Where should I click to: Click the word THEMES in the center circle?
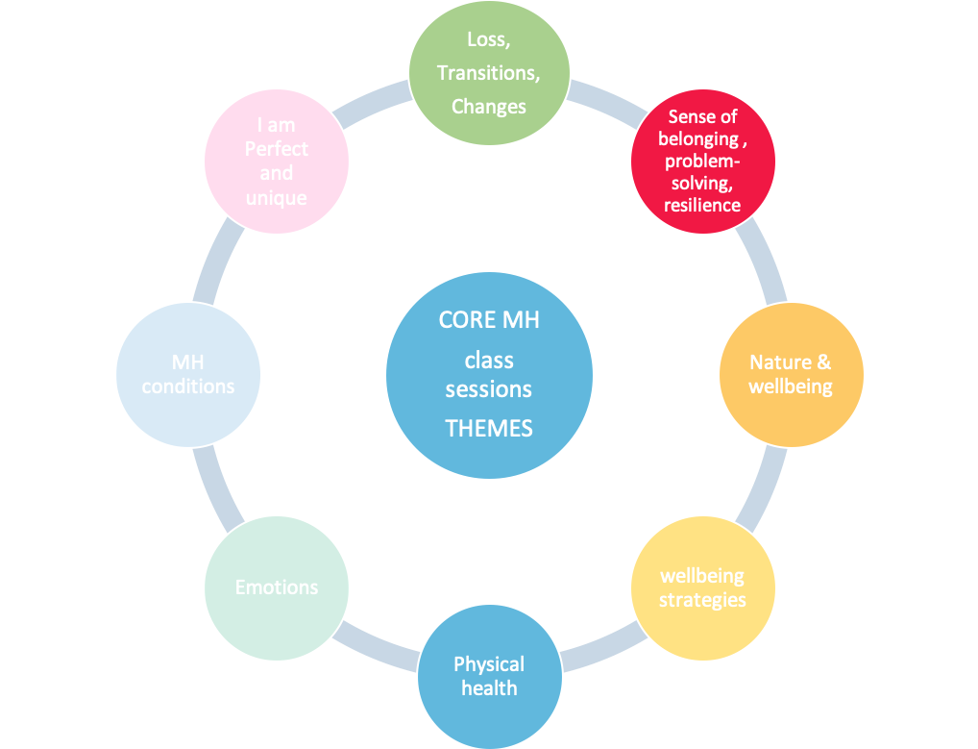pos(489,428)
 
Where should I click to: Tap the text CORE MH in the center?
pos(489,320)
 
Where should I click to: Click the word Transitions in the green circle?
pos(489,73)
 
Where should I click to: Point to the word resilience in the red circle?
pos(703,205)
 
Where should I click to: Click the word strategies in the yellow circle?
pos(702,600)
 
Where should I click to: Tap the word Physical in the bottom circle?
pos(489,664)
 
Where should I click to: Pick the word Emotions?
pos(277,587)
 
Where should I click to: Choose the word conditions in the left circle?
pos(188,386)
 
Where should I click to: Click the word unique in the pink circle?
pos(277,198)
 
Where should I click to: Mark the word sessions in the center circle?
pos(489,390)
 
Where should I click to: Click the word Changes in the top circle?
pos(489,107)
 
